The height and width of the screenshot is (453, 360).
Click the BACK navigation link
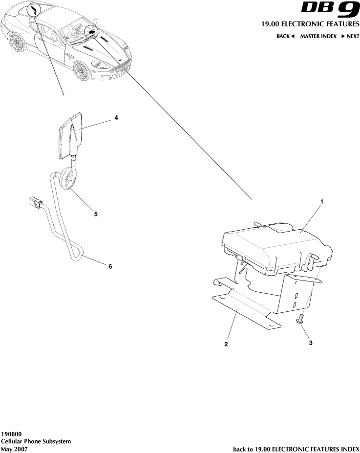click(285, 36)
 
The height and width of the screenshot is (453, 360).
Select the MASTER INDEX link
click(318, 36)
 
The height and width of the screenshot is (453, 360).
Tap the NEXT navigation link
click(350, 36)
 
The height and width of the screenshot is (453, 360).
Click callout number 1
click(322, 202)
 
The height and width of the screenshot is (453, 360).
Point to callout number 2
click(226, 344)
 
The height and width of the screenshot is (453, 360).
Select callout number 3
click(311, 343)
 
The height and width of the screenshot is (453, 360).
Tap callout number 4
click(116, 118)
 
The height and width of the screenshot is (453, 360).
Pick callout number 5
click(96, 214)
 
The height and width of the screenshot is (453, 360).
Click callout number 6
click(110, 266)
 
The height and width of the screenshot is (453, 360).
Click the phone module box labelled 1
click(277, 248)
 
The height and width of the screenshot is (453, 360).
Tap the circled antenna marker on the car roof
click(34, 11)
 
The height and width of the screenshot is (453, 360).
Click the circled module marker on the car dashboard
click(91, 31)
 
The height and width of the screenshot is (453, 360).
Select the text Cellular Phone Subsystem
click(36, 441)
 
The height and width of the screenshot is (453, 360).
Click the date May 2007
click(15, 449)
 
